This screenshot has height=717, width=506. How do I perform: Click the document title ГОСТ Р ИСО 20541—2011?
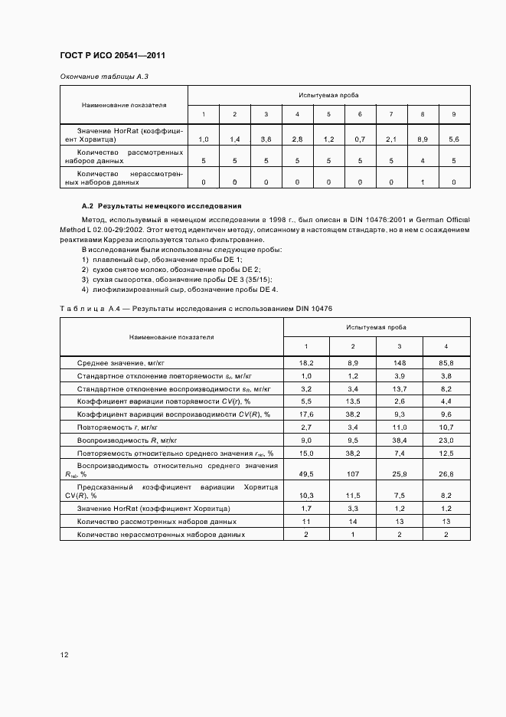coord(113,56)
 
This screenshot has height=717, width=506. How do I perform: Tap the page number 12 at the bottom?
coord(65,655)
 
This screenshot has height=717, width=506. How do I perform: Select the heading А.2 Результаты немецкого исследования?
coord(162,206)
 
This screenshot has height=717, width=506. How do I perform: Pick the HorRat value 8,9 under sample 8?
coord(423,139)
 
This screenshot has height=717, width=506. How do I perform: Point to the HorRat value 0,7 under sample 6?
coord(360,139)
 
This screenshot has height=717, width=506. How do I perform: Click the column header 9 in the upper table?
coord(454,114)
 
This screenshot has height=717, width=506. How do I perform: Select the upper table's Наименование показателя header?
coord(124,105)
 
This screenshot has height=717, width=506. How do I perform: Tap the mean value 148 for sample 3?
coord(400,362)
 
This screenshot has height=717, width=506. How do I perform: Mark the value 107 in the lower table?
coord(354,474)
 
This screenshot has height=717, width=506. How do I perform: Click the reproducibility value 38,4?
coord(400,440)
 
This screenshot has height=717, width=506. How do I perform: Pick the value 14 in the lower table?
coord(354,521)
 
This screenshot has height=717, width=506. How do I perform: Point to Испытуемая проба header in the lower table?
coord(376,327)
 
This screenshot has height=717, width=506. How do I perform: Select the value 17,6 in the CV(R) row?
coord(306,414)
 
